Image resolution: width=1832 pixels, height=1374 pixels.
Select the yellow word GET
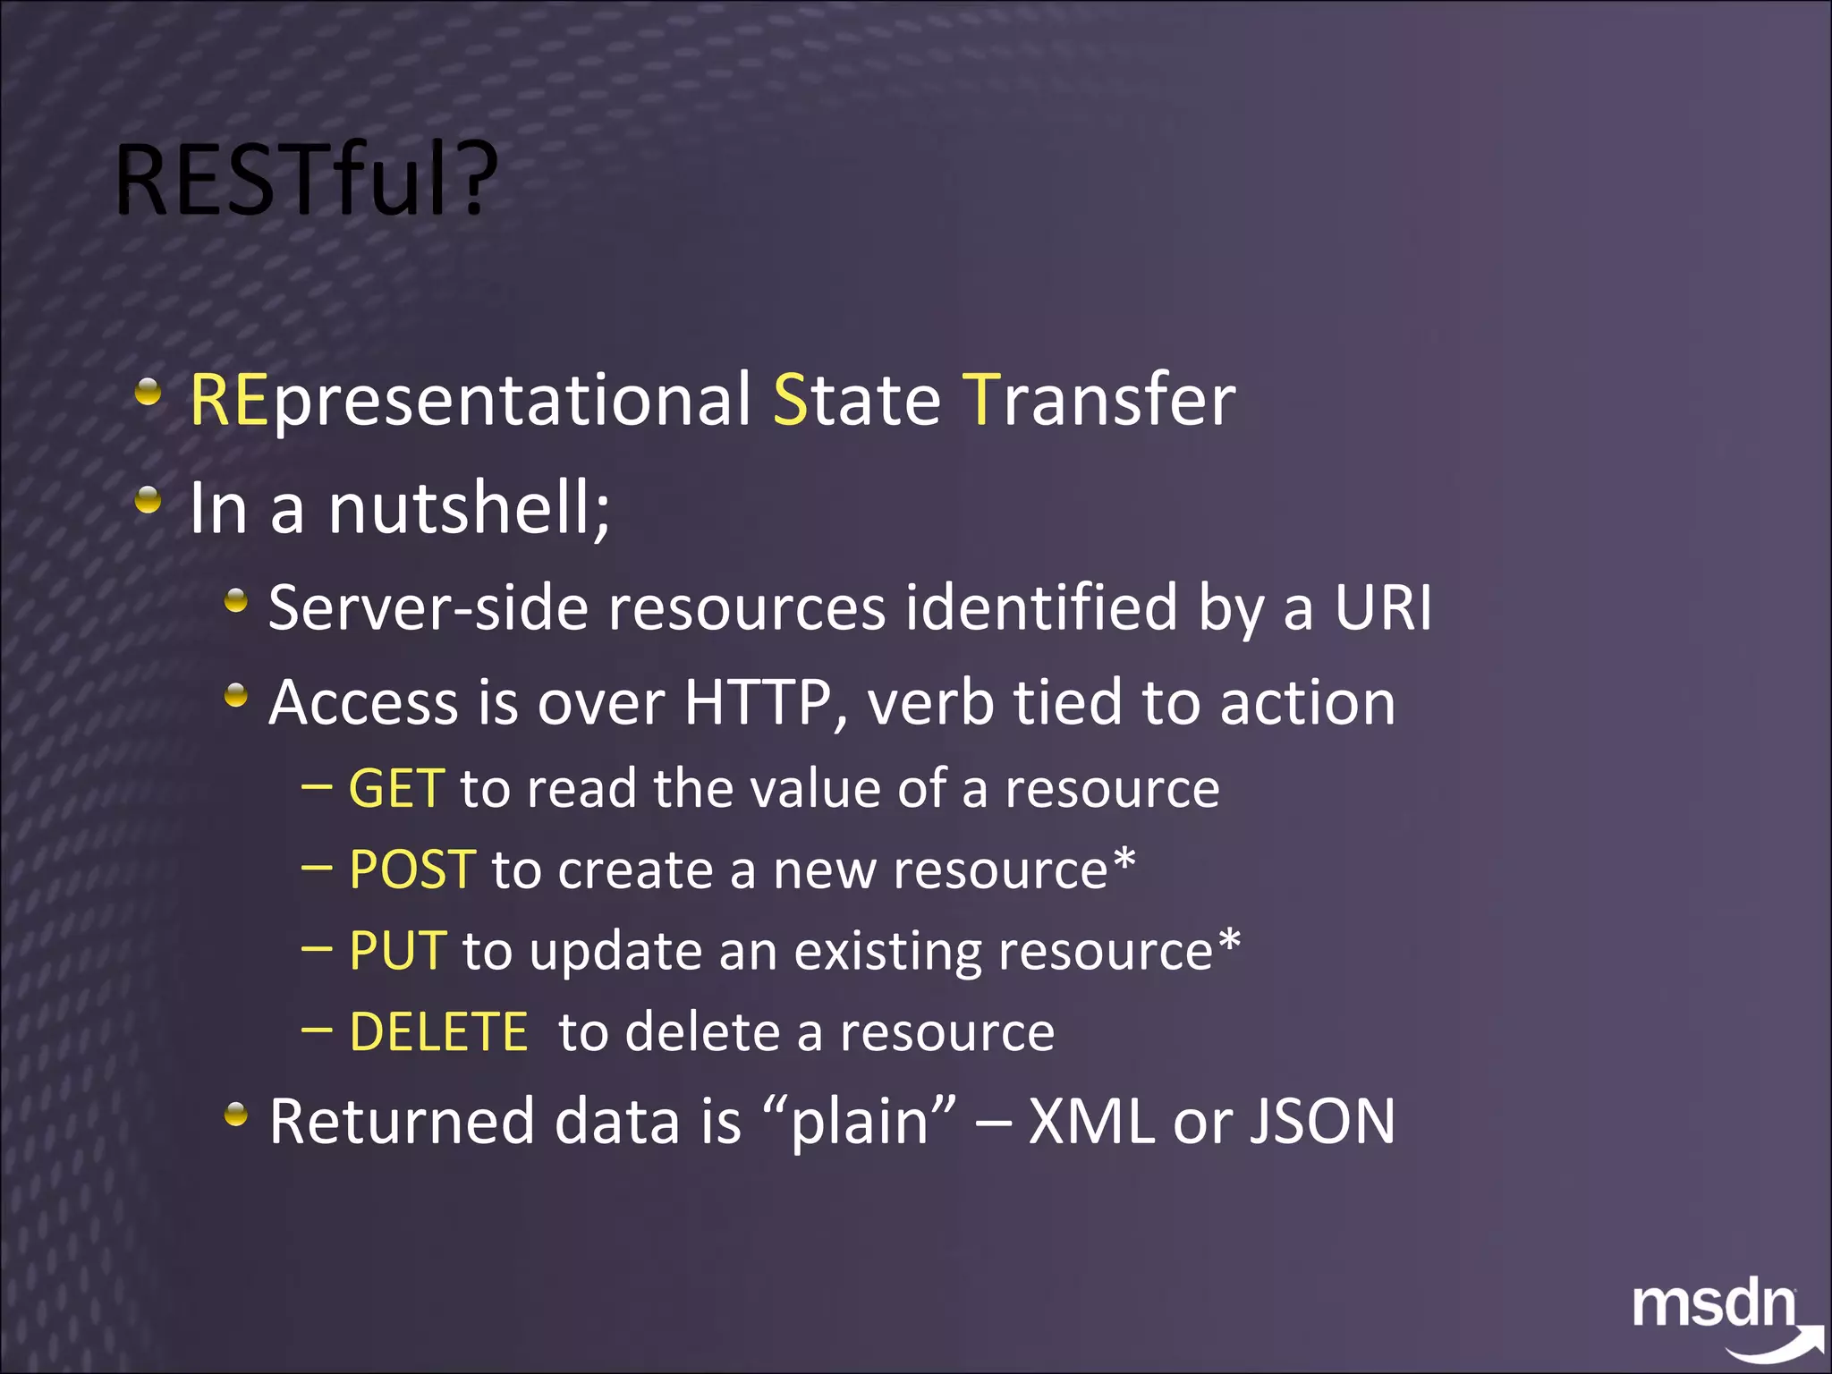396,789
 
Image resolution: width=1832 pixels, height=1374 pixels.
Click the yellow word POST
412,869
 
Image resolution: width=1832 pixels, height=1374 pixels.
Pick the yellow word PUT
397,951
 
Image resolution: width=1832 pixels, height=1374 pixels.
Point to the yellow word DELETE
438,1032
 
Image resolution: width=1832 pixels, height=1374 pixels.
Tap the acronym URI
1383,608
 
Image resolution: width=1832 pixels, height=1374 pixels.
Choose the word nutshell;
470,508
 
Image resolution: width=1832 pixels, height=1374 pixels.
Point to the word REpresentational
470,401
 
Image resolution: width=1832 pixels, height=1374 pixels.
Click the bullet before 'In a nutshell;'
148,500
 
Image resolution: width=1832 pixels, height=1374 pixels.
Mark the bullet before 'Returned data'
236,1114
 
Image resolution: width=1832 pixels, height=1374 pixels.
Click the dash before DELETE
317,1030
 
